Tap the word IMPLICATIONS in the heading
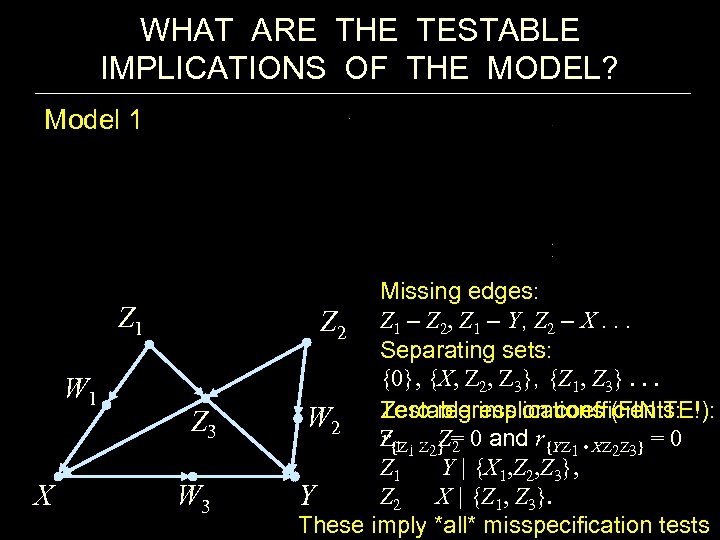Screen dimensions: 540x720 coord(212,68)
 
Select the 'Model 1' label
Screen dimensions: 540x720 coord(93,121)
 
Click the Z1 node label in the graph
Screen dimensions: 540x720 coord(131,319)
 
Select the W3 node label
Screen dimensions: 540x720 coord(189,496)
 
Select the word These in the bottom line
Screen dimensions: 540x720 coord(329,524)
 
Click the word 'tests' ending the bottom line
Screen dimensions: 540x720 coord(683,524)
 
